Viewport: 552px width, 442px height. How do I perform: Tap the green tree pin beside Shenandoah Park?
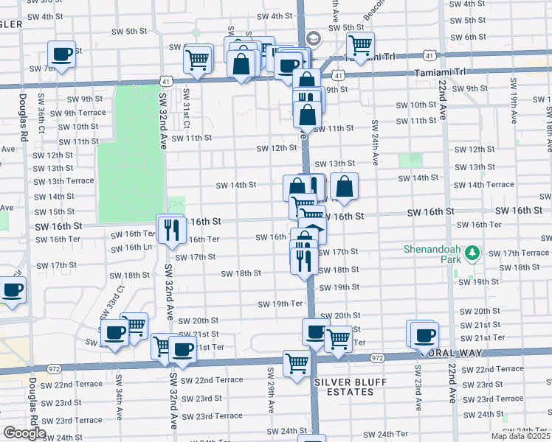pyautogui.click(x=473, y=254)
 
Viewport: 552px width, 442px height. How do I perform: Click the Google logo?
pyautogui.click(x=24, y=433)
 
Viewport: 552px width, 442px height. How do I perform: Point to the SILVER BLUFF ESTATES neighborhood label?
pyautogui.click(x=344, y=387)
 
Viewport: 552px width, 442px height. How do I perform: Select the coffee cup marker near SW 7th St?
pyautogui.click(x=61, y=54)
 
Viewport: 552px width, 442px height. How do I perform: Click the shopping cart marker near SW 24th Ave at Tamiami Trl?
pyautogui.click(x=360, y=46)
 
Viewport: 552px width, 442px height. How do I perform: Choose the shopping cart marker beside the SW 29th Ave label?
pyautogui.click(x=297, y=363)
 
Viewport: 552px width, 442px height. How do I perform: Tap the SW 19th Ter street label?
pyautogui.click(x=280, y=304)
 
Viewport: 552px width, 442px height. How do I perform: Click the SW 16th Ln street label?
pyautogui.click(x=133, y=247)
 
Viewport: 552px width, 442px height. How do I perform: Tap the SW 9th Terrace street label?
pyautogui.click(x=85, y=113)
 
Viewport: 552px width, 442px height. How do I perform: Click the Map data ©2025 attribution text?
pyautogui.click(x=520, y=436)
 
